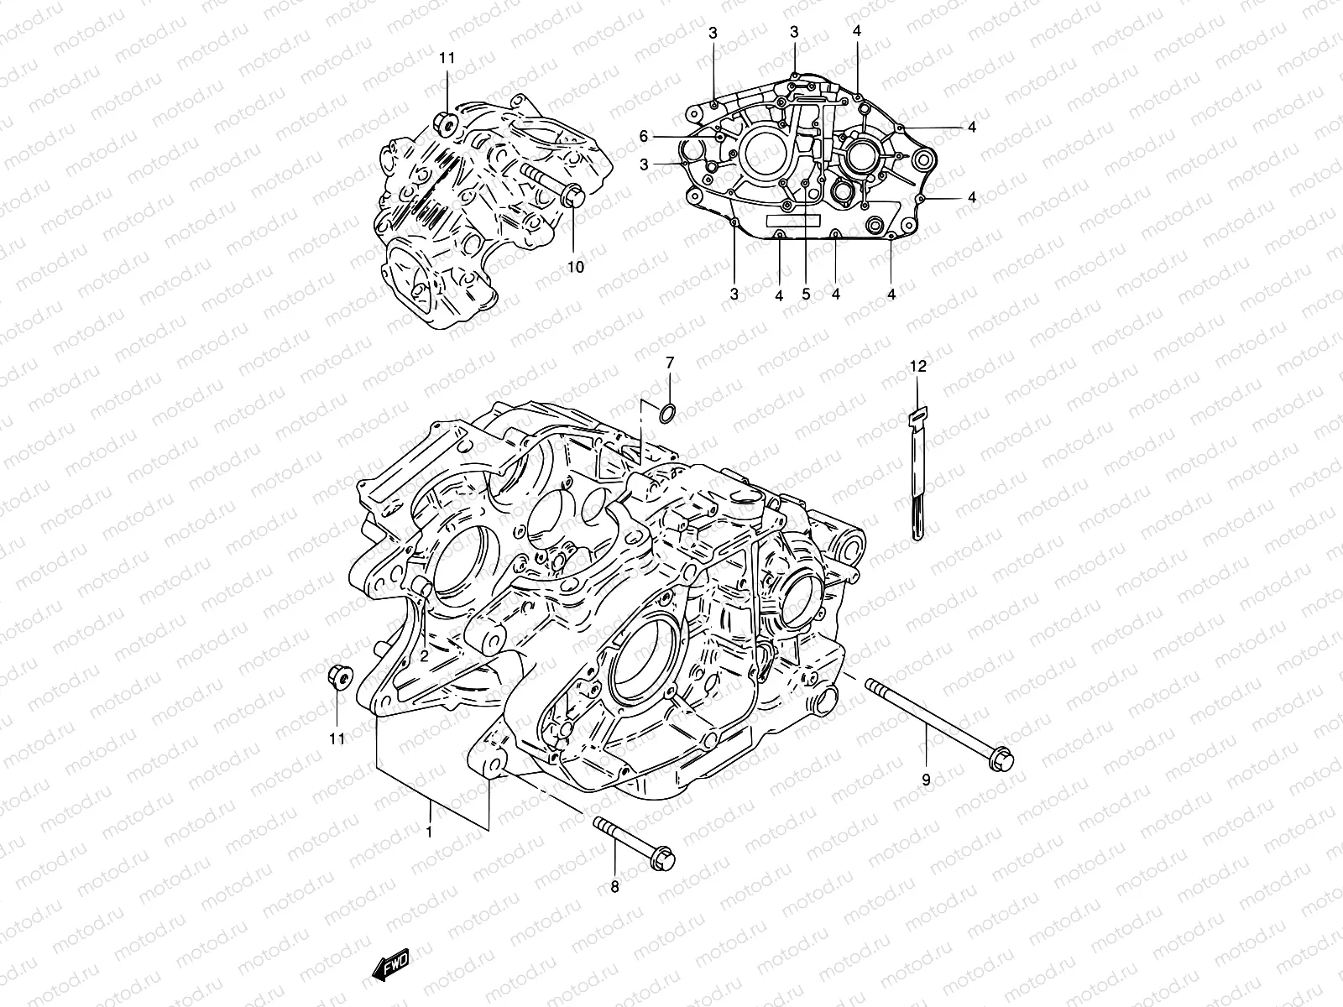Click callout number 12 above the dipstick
918,367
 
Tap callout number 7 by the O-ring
670,363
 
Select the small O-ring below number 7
666,412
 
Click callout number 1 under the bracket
430,832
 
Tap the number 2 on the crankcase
425,656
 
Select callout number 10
575,267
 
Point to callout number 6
644,136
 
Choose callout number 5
806,295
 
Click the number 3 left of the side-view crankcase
644,165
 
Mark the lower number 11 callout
337,739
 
